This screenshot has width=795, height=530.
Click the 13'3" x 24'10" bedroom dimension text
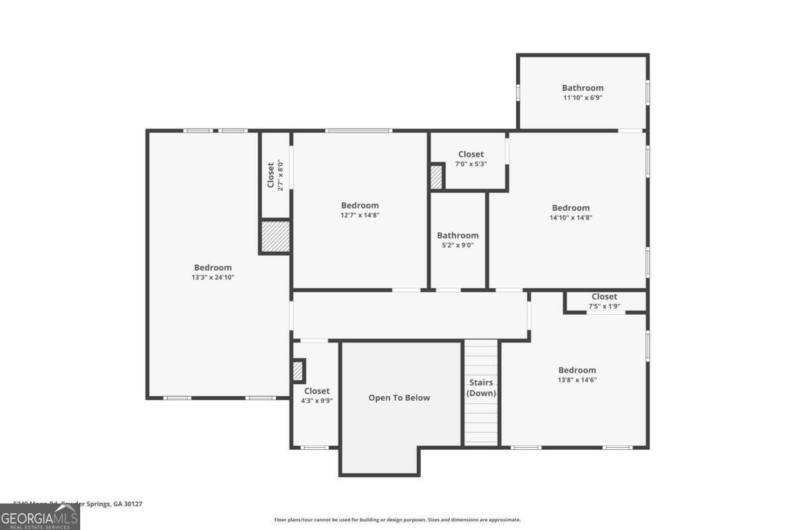point(213,278)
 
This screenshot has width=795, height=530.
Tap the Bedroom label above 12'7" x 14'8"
point(360,205)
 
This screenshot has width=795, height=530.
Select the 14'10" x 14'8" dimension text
point(570,217)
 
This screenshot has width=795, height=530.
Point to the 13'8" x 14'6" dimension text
point(576,380)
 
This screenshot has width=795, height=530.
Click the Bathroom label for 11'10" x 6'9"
point(582,87)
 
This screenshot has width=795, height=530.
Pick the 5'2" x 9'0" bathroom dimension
point(457,245)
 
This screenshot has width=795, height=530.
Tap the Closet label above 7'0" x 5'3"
point(470,154)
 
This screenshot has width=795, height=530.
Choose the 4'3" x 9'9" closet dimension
point(316,401)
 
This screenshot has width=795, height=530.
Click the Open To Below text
point(399,398)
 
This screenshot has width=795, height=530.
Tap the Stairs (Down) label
point(481,388)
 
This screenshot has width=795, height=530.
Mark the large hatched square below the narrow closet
point(275,237)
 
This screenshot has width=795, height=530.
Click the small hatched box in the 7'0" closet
point(436,177)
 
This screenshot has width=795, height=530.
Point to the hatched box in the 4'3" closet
point(298,370)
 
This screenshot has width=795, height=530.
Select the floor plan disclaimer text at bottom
point(397,520)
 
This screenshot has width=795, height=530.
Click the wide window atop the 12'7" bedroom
point(358,131)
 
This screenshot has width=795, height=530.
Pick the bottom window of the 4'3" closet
point(314,447)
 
